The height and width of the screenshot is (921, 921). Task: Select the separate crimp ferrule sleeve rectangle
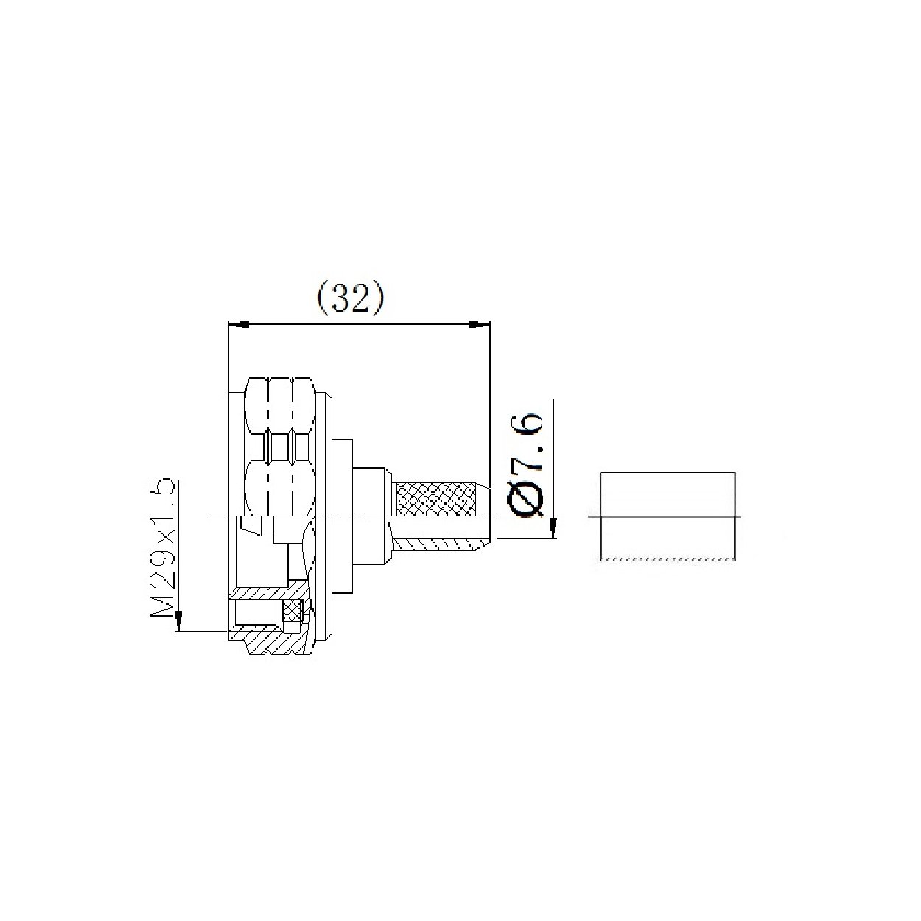click(668, 516)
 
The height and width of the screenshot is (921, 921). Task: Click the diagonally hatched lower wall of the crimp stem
click(435, 545)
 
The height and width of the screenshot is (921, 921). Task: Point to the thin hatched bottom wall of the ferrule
click(668, 561)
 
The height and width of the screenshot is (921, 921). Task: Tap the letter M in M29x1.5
click(164, 609)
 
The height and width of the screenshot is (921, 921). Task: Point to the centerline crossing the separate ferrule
click(668, 516)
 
